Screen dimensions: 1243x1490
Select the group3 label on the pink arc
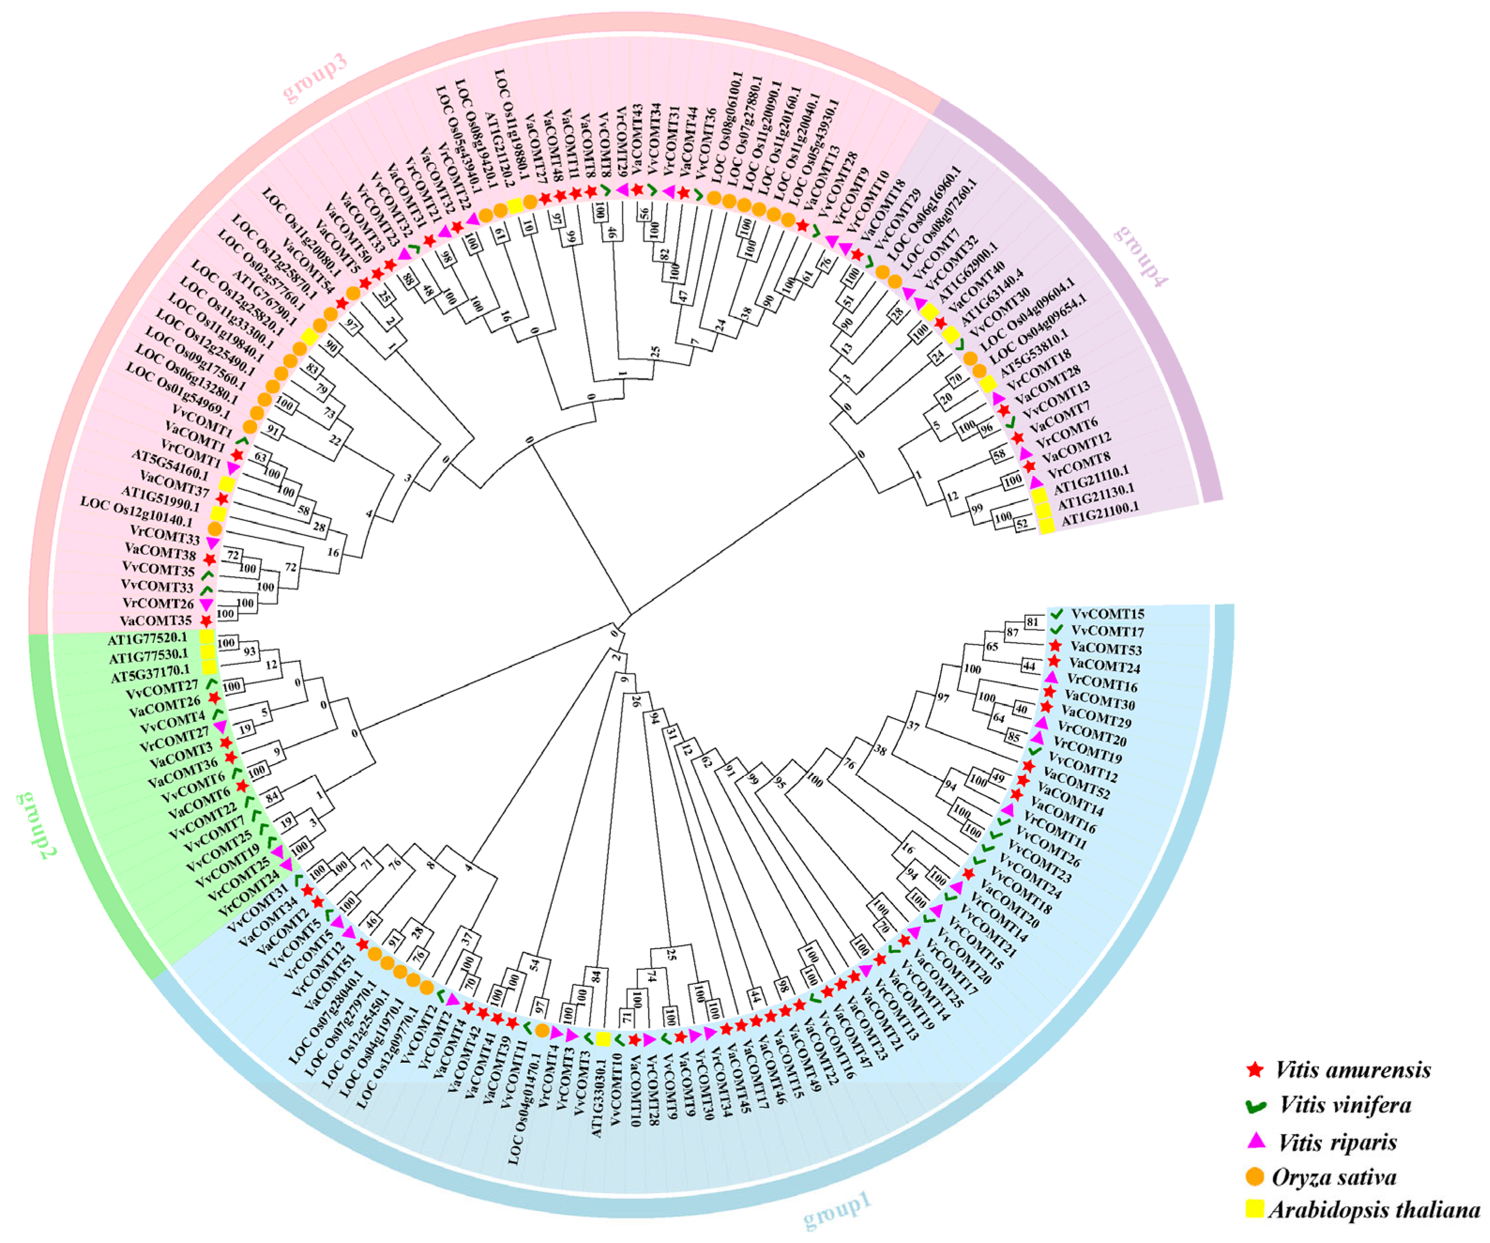tap(315, 77)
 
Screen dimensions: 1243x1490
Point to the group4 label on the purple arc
tap(1140, 255)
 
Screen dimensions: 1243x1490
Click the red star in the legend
tap(1254, 1070)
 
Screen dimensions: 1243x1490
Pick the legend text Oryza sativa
tap(1334, 1176)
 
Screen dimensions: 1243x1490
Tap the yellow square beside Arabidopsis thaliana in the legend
tap(1254, 1209)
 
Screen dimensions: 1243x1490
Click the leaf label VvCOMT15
tap(1108, 614)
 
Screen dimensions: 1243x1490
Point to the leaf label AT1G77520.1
tap(147, 639)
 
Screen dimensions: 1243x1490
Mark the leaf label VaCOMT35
tap(156, 621)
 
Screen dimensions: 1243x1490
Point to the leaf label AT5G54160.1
tap(170, 464)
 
